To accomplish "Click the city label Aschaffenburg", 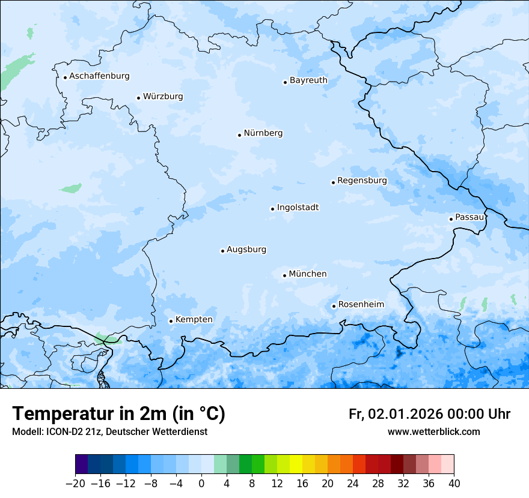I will pyautogui.click(x=99, y=76).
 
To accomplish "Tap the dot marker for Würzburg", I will pyautogui.click(x=138, y=98).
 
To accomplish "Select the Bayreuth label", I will pyautogui.click(x=308, y=80).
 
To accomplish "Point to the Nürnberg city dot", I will pyautogui.click(x=239, y=135).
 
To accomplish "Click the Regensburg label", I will pyautogui.click(x=362, y=181).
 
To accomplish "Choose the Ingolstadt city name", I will pyautogui.click(x=298, y=208).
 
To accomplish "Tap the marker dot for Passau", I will pyautogui.click(x=451, y=219).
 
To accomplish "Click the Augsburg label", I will pyautogui.click(x=246, y=250).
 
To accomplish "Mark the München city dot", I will pyautogui.click(x=284, y=275).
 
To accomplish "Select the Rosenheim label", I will pyautogui.click(x=361, y=305).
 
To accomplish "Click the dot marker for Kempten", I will pyautogui.click(x=171, y=321).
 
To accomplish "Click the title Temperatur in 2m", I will pyautogui.click(x=118, y=414).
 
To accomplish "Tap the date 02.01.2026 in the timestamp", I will pyautogui.click(x=406, y=415).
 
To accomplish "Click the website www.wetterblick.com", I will pyautogui.click(x=433, y=432).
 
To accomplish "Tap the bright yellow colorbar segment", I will pyautogui.click(x=296, y=464).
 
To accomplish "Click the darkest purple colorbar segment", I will pyautogui.click(x=82, y=464).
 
